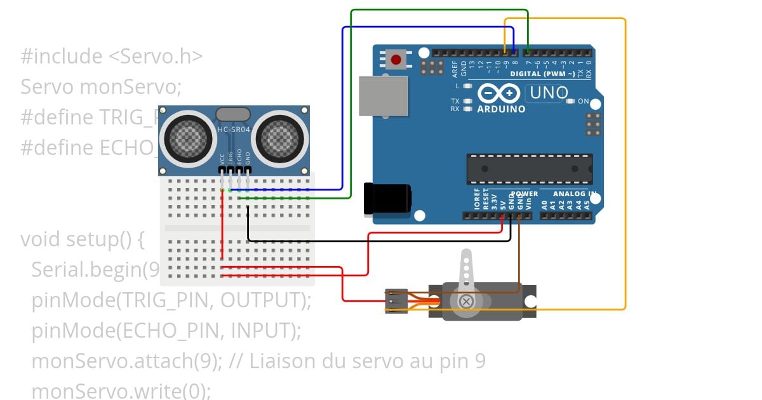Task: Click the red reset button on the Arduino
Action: point(396,60)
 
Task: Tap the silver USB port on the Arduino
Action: point(383,97)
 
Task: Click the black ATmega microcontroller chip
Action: point(530,169)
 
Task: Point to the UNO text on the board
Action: point(548,93)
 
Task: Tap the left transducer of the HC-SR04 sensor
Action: point(187,137)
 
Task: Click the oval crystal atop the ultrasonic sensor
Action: point(234,114)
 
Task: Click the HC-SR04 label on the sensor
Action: point(234,130)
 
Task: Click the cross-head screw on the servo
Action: point(467,301)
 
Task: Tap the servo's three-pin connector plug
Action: point(396,301)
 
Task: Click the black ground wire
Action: point(381,241)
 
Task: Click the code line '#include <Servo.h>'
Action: point(112,57)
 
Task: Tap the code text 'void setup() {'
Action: point(83,239)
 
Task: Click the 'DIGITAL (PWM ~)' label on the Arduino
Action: point(542,74)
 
